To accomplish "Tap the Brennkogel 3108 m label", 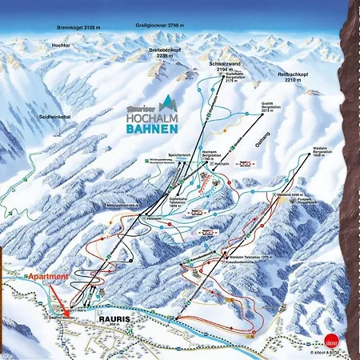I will [79, 27].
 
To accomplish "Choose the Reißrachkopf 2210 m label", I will [294, 78].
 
